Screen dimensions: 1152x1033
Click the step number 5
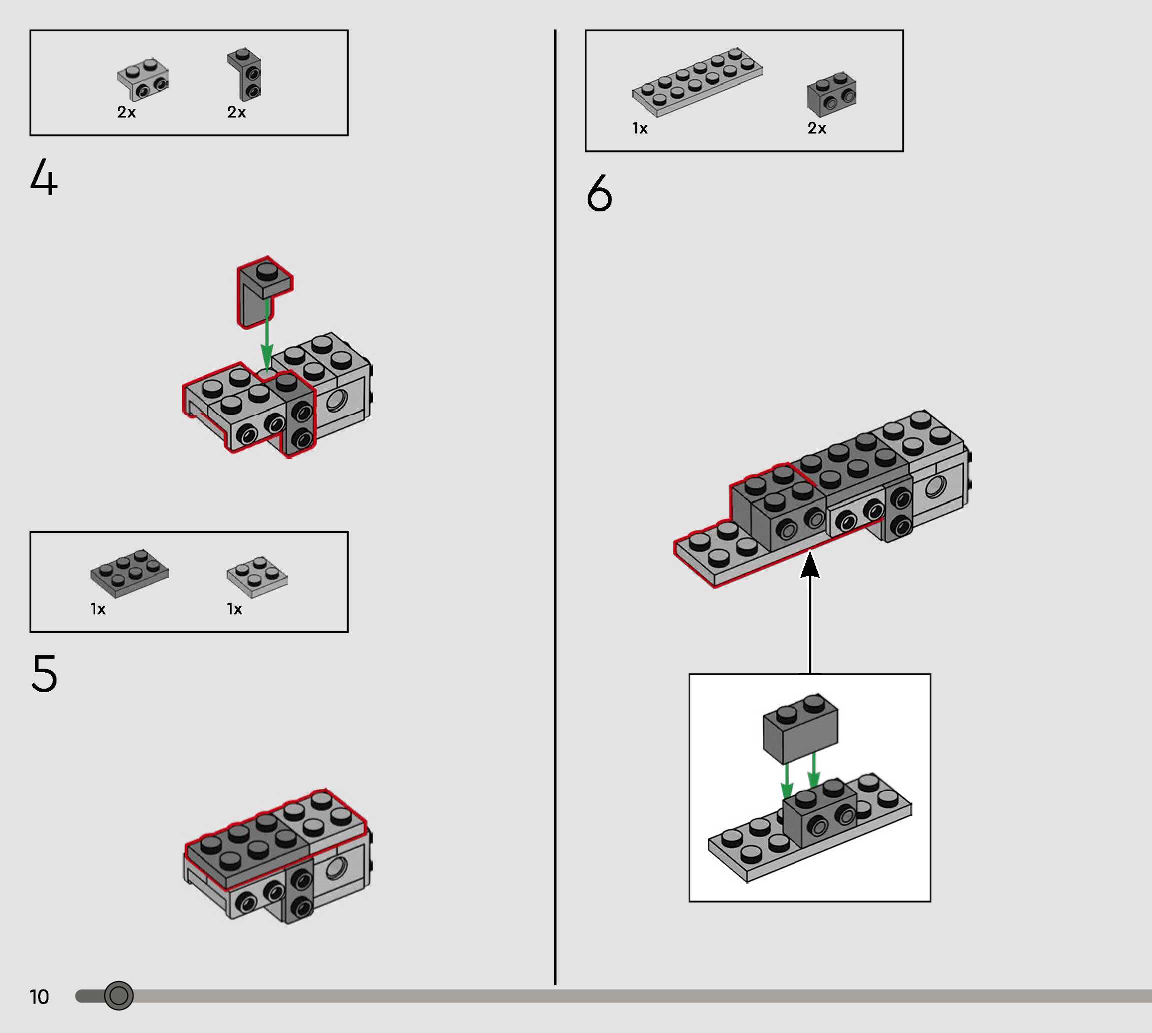45,673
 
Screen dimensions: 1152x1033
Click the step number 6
599,193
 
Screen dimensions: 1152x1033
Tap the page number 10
39,997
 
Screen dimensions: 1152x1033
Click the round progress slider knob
119,996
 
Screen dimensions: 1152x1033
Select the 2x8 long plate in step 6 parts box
698,82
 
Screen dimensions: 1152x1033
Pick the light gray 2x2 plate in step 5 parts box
257,576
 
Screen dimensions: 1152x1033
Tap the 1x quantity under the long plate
640,128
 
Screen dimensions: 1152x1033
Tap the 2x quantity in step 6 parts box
817,128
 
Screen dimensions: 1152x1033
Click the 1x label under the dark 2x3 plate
98,609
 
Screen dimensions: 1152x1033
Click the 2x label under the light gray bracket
126,112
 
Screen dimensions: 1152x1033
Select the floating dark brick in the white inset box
800,728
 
